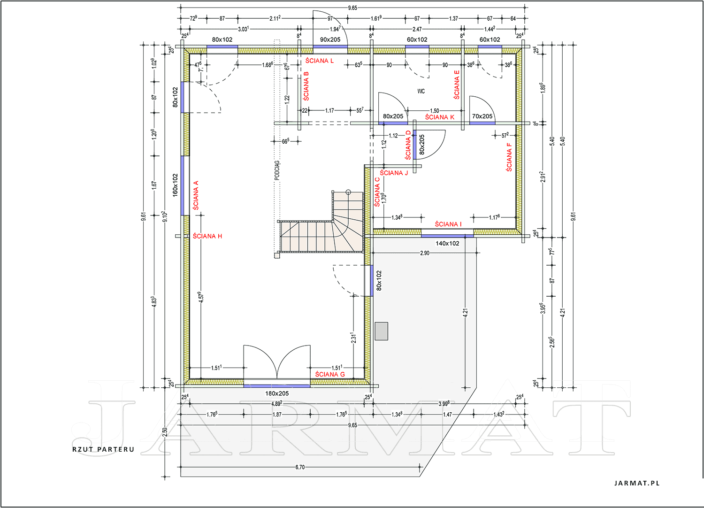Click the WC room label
pos(421,91)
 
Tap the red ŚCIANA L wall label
pos(319,61)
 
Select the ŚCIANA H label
pos(207,236)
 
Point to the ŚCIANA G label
pos(330,374)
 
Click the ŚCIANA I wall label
pos(448,224)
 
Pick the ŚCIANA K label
pos(440,117)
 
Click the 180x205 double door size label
pos(277,393)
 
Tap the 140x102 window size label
pos(447,243)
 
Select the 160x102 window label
pos(175,185)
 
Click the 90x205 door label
pos(330,39)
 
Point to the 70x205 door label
pos(482,116)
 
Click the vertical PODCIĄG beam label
pos(277,171)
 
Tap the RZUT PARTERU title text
pos(103,449)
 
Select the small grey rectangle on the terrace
pos(381,331)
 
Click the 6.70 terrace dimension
pos(300,467)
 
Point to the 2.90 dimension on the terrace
pos(425,253)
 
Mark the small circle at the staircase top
pos(348,192)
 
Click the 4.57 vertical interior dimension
pos(201,297)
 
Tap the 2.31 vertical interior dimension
pos(353,338)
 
